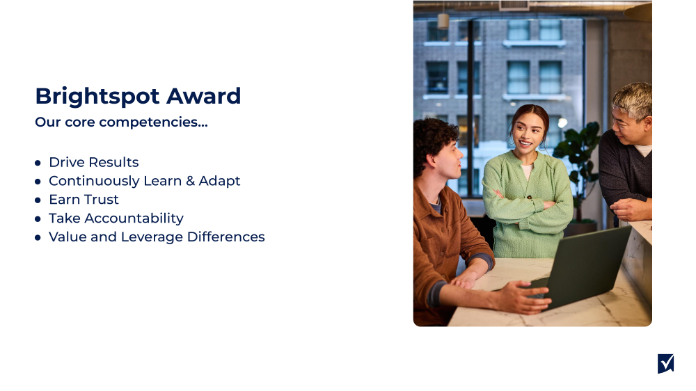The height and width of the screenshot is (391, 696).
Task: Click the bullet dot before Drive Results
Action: (x=38, y=163)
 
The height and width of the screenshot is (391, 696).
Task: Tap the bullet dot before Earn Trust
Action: (x=38, y=200)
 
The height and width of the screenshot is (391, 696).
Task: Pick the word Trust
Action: (x=102, y=200)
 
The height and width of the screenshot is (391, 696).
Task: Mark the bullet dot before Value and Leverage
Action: (x=38, y=238)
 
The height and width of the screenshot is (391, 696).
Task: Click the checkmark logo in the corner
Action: (x=665, y=363)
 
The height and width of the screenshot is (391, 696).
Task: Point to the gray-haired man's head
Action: (x=632, y=111)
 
